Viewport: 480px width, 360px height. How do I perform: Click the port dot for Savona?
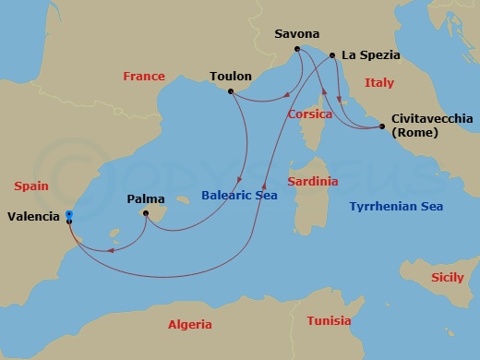pyautogui.click(x=296, y=49)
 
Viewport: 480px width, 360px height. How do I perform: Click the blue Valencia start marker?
pyautogui.click(x=69, y=215)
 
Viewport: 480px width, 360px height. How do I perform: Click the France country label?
pyautogui.click(x=143, y=77)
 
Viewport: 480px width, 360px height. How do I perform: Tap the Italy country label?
pyautogui.click(x=378, y=83)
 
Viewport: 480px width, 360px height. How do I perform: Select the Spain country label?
pyautogui.click(x=31, y=186)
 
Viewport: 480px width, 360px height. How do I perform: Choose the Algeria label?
pyautogui.click(x=190, y=324)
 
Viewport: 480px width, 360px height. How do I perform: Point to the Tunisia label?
pyautogui.click(x=329, y=321)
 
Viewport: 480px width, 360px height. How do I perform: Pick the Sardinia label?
pyautogui.click(x=312, y=181)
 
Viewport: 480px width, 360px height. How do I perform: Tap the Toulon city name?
pyautogui.click(x=231, y=77)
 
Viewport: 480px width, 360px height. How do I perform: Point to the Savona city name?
pyautogui.click(x=297, y=34)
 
